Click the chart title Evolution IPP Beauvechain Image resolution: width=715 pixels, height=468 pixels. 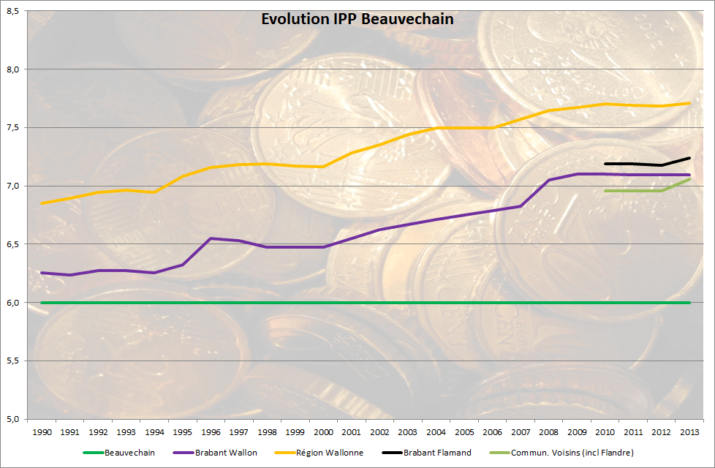(x=357, y=19)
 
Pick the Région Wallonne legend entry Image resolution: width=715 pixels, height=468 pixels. (x=328, y=453)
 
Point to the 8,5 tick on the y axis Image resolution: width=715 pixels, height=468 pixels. (x=13, y=11)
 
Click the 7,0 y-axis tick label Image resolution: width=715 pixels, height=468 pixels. (x=13, y=186)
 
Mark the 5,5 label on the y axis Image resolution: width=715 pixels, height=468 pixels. (x=13, y=361)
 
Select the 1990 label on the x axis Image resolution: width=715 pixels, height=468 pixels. (x=42, y=432)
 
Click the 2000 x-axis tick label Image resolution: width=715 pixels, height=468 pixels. (x=323, y=432)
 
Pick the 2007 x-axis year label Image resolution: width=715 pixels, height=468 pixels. (x=521, y=432)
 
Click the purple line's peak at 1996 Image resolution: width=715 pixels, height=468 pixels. (x=211, y=238)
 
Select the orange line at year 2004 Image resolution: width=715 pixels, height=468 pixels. (x=436, y=128)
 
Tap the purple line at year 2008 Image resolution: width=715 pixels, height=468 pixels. (x=549, y=180)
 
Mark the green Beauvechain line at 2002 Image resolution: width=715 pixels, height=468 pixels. (x=379, y=302)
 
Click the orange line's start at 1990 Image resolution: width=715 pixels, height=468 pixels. (x=42, y=203)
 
